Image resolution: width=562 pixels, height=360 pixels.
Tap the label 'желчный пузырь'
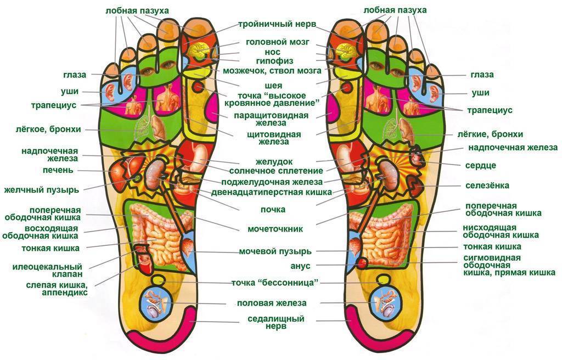click(42, 190)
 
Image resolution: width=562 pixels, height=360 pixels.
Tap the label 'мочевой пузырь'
click(275, 251)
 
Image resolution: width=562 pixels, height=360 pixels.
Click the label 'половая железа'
click(272, 303)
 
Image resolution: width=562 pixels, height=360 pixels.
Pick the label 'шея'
click(273, 86)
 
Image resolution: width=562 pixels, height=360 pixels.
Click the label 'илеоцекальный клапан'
click(47, 269)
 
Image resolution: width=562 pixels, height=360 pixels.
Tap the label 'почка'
click(273, 210)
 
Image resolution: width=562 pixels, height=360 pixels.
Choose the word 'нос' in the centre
click(273, 52)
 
